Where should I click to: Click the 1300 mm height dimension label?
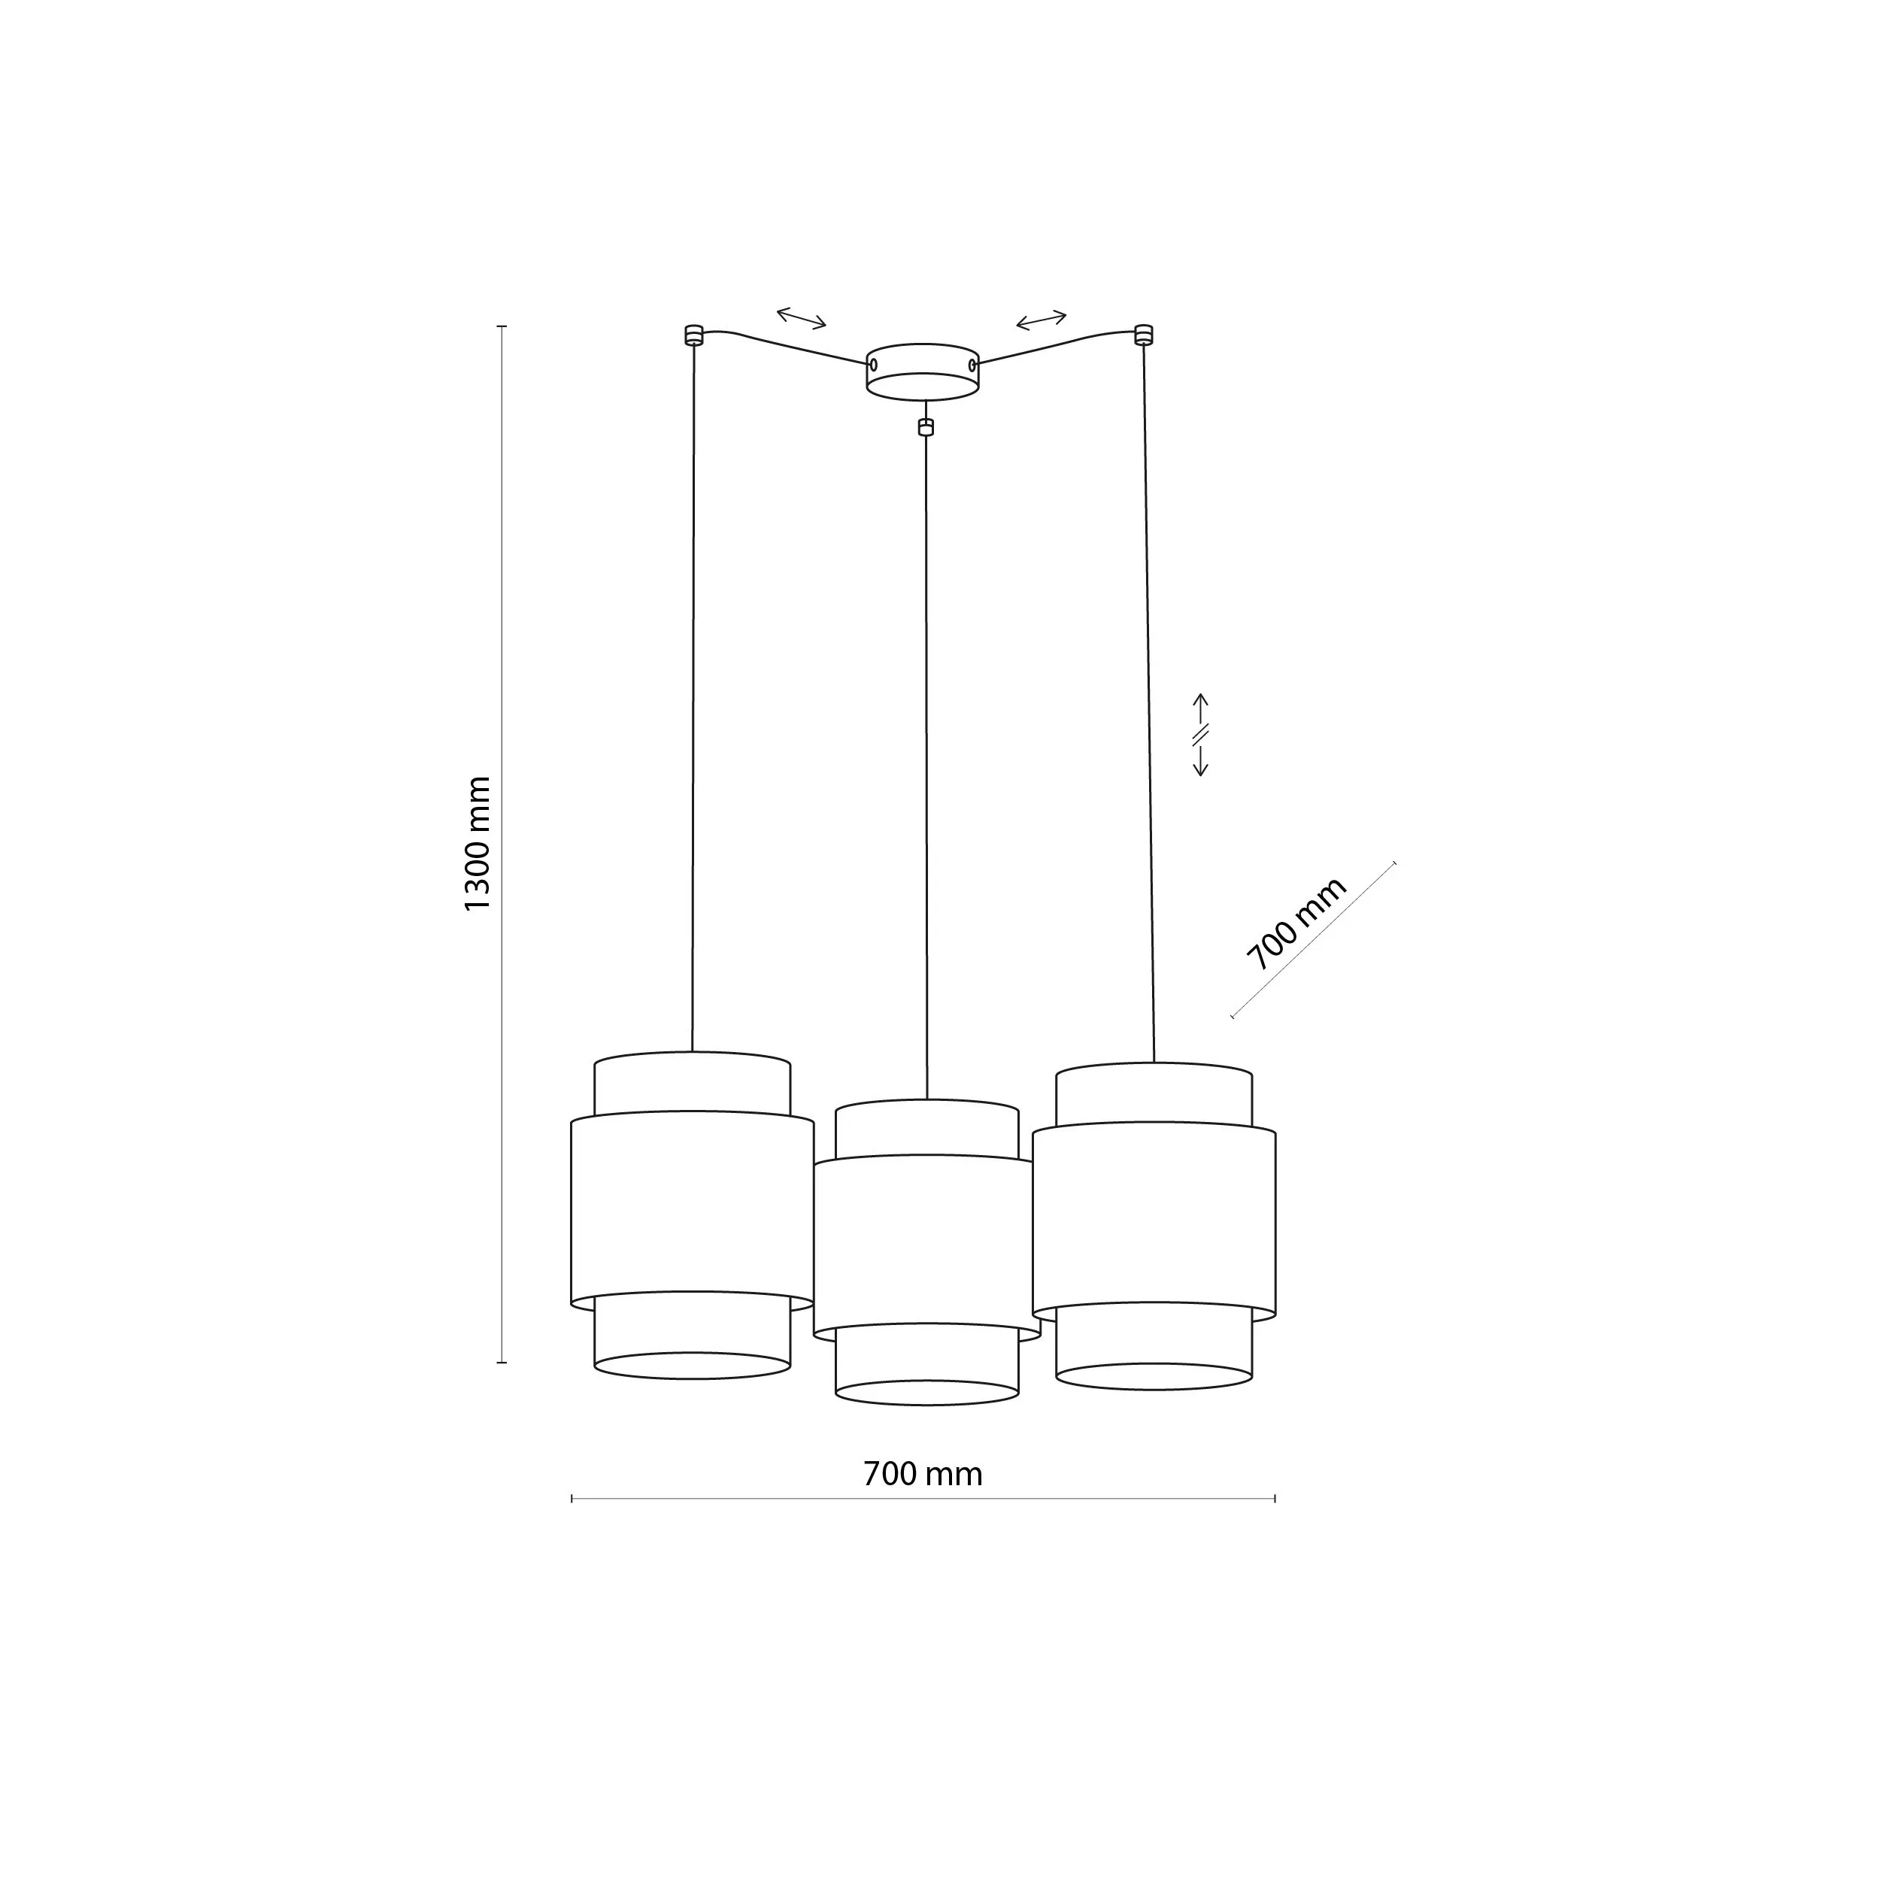[478, 844]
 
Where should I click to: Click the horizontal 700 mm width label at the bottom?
[923, 1474]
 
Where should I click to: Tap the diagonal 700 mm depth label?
[1297, 923]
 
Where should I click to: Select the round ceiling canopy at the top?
[923, 371]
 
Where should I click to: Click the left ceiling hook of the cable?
[693, 335]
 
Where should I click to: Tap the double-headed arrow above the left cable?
[801, 317]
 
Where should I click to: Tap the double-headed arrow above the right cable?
[1042, 318]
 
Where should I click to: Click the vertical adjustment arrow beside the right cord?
[1201, 735]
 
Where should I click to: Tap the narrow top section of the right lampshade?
[1154, 1095]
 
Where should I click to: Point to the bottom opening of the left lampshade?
[692, 1365]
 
